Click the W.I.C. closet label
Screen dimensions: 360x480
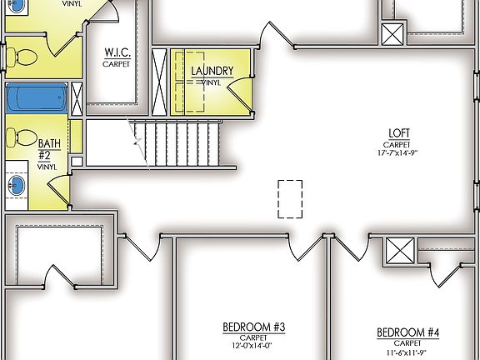tap(117, 52)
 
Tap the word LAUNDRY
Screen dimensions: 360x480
tap(212, 71)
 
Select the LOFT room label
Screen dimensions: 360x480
tap(398, 132)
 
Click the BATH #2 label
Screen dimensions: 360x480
tap(48, 149)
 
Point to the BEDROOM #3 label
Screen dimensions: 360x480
tap(254, 327)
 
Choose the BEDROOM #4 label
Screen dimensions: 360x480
tap(408, 332)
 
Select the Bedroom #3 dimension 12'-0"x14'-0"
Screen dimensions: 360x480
tap(254, 346)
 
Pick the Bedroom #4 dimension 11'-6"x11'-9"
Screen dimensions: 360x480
tap(408, 352)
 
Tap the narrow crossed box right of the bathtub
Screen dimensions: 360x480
tap(77, 98)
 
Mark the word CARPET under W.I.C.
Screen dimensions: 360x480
tap(117, 63)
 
